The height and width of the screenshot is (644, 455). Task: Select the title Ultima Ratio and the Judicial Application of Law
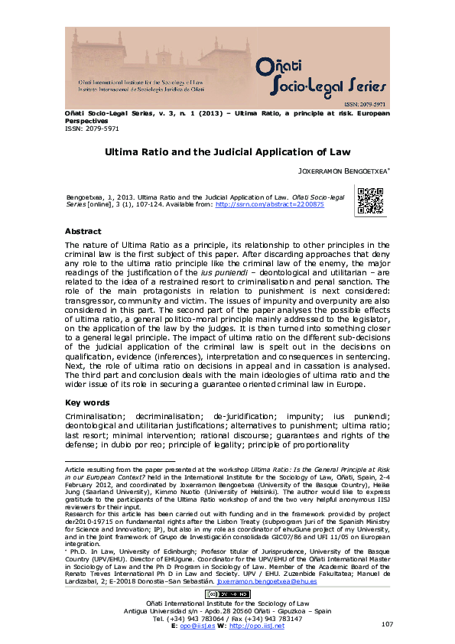point(227,152)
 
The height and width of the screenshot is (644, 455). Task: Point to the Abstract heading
point(83,231)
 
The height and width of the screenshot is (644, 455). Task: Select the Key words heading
point(86,402)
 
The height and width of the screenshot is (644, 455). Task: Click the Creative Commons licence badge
point(227,594)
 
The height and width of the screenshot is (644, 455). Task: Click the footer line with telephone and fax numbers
point(227,618)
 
